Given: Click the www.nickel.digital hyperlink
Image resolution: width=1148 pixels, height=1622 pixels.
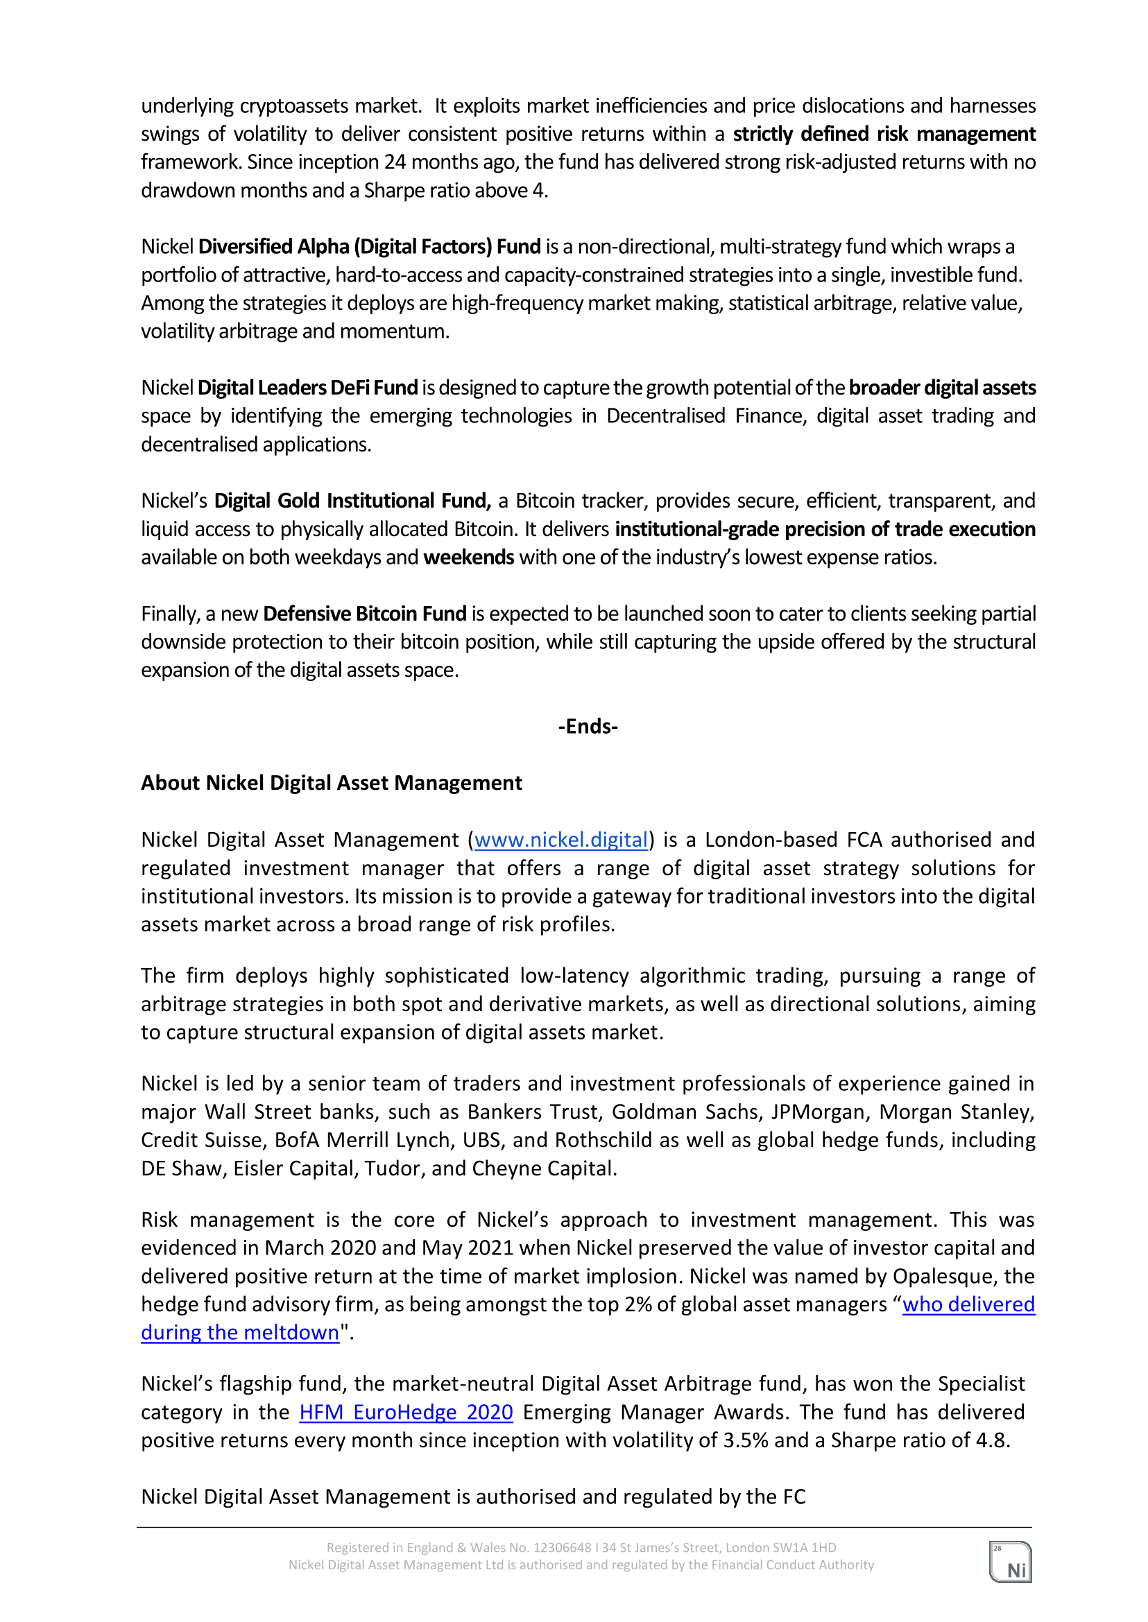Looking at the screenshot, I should [561, 840].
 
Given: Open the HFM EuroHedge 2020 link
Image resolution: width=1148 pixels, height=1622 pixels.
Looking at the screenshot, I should [406, 1412].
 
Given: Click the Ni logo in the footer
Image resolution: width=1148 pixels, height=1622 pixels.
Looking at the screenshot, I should [1010, 1562].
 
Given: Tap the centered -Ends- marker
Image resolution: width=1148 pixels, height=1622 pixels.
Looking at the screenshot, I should [588, 727].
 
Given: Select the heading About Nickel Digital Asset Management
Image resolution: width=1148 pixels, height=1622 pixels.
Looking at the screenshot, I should [331, 783].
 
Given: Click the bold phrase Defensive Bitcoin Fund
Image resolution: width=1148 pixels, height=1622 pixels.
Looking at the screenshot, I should [364, 614].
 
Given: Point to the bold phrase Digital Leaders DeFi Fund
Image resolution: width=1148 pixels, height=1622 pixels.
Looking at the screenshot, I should [307, 388].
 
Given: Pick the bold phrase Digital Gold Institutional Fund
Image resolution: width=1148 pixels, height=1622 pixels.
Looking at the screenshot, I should [352, 501].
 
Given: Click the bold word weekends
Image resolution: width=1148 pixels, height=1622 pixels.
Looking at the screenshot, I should [469, 558].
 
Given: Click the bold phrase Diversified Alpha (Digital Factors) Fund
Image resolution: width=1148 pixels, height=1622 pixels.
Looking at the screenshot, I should [369, 247].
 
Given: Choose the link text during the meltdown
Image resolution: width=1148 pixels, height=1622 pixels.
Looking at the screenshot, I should [239, 1333].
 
